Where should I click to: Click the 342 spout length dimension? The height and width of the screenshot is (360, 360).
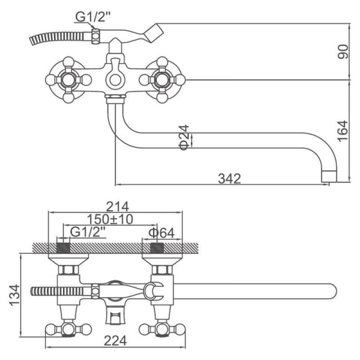229,179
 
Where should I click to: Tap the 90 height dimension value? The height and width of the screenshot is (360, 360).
344,52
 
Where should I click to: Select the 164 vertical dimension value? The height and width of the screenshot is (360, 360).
344,131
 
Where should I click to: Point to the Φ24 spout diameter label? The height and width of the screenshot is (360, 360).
184,137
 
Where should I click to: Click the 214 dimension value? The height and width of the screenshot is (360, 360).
118,206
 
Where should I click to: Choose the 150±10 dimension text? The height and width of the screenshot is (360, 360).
110,219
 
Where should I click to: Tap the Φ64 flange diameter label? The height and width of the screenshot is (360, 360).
161,233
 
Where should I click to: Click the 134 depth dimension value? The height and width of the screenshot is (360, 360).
14,295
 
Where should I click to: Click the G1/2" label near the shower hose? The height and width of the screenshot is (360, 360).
93,17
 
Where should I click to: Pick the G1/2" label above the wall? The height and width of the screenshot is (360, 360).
88,232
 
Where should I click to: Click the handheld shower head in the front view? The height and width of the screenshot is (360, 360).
154,32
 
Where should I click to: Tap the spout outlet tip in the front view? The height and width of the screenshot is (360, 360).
329,176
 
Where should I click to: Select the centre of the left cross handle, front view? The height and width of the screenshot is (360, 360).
68,80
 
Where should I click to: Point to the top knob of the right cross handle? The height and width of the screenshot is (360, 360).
162,62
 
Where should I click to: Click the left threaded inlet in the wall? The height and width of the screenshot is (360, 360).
63,248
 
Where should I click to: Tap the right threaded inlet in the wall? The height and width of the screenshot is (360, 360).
157,248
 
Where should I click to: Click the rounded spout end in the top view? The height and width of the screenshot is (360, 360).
332,292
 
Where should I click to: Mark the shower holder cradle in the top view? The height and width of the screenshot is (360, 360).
153,292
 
